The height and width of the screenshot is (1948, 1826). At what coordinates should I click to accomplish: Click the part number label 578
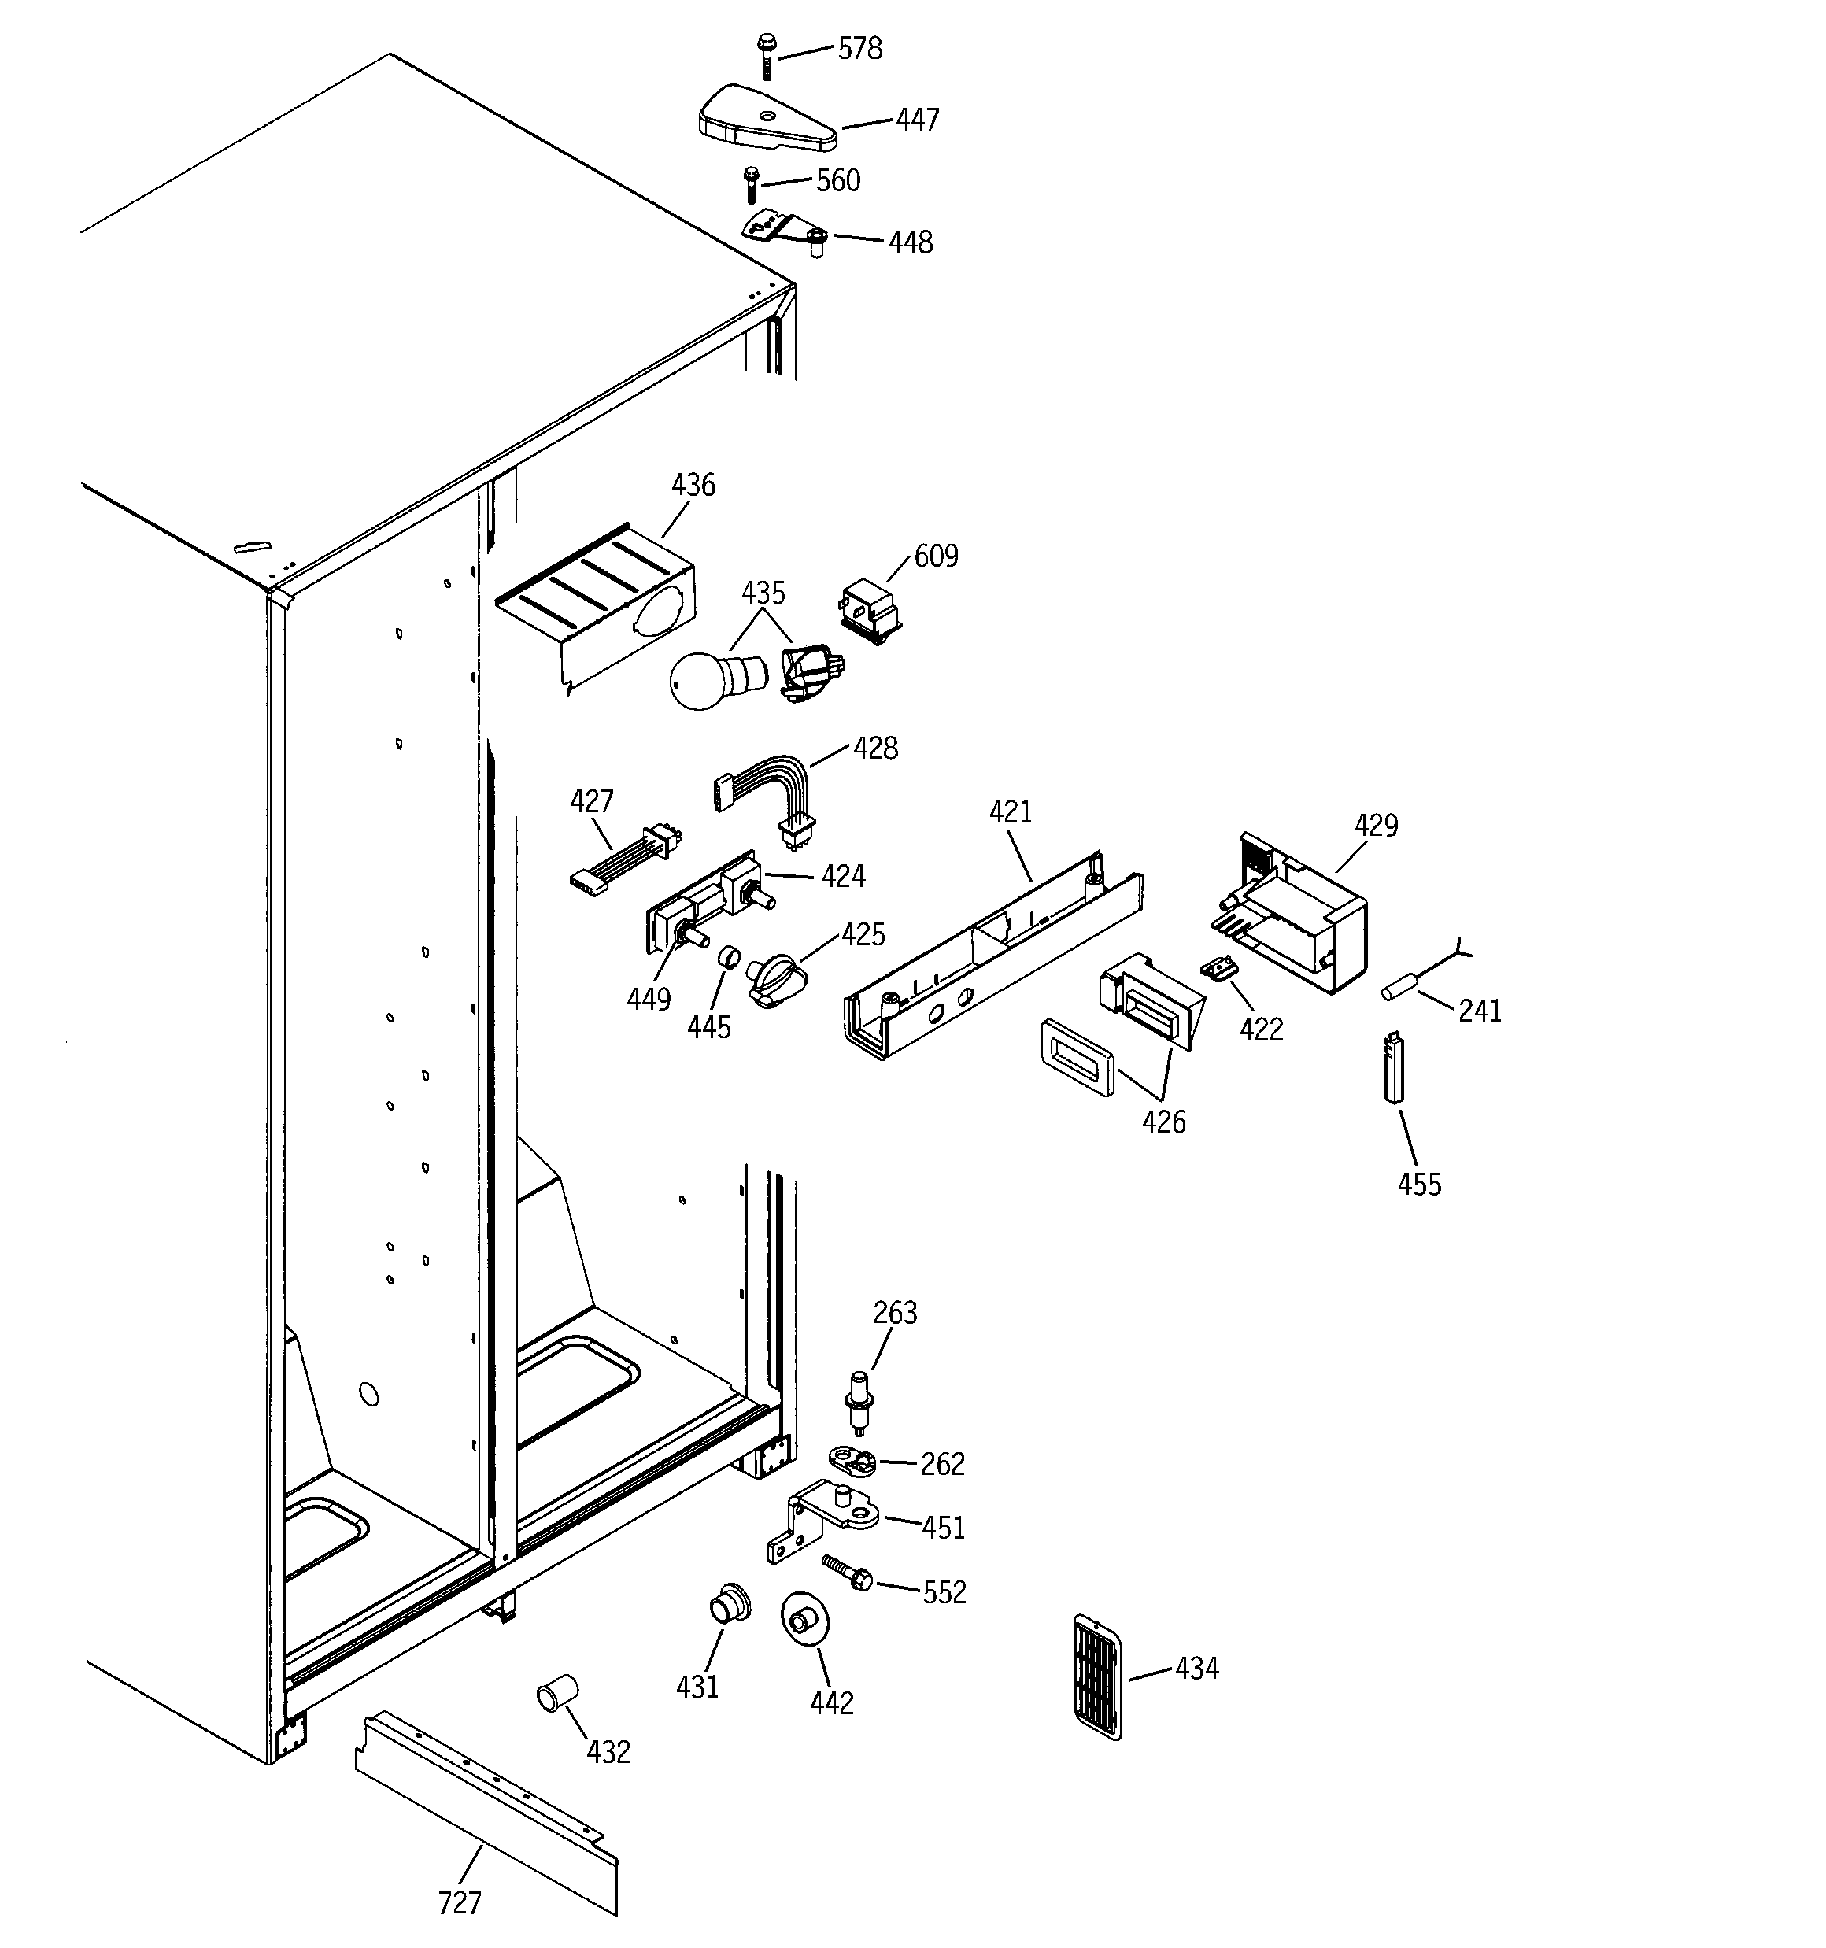tap(859, 48)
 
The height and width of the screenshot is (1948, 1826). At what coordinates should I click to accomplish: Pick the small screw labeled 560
tap(752, 184)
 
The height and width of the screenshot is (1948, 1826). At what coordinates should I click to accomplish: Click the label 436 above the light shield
tap(693, 485)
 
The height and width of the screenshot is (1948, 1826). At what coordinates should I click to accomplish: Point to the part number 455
tap(1418, 1185)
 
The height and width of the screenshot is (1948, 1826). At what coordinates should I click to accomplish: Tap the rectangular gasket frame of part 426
tap(1075, 1057)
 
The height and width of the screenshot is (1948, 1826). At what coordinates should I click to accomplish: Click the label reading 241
tap(1479, 1011)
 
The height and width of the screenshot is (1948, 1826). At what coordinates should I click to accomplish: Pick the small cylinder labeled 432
tap(556, 1695)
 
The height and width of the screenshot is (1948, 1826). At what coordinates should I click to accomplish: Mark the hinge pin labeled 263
tap(859, 1403)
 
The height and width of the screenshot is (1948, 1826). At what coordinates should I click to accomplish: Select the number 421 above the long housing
tap(1010, 812)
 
